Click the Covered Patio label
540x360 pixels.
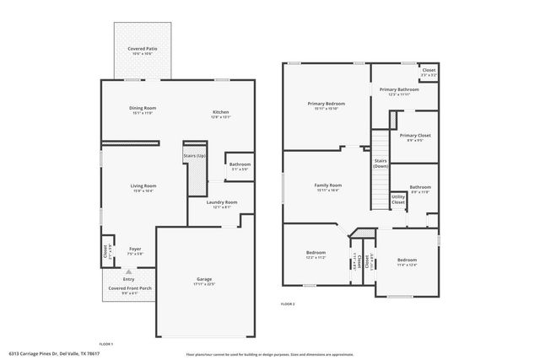pyautogui.click(x=143, y=50)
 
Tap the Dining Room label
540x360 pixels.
pyautogui.click(x=143, y=109)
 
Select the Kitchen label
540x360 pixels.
pyautogui.click(x=220, y=112)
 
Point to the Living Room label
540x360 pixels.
pyautogui.click(x=143, y=186)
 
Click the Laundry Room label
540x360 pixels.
pyautogui.click(x=224, y=202)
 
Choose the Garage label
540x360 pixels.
pyautogui.click(x=204, y=279)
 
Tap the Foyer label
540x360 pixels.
pyautogui.click(x=135, y=249)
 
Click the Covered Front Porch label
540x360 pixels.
pyautogui.click(x=129, y=288)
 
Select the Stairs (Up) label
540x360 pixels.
pyautogui.click(x=196, y=156)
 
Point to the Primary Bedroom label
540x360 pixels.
pyautogui.click(x=326, y=105)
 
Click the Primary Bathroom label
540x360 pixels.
pyautogui.click(x=398, y=90)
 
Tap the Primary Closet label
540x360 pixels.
pyautogui.click(x=415, y=135)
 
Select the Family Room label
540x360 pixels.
pyautogui.click(x=327, y=185)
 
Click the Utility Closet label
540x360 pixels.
pyautogui.click(x=398, y=200)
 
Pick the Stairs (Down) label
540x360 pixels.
pyautogui.click(x=381, y=162)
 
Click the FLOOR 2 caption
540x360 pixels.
pyautogui.click(x=288, y=304)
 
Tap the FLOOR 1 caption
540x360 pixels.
pyautogui.click(x=106, y=343)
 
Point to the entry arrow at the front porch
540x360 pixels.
pyautogui.click(x=128, y=272)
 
